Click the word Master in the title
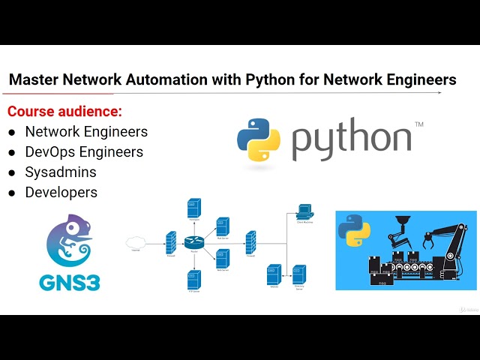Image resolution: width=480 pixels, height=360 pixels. (x=34, y=79)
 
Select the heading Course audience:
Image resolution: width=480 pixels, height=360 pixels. (x=64, y=112)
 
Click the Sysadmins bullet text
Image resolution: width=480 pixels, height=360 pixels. (x=61, y=172)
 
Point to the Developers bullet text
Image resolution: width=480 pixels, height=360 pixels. (x=61, y=192)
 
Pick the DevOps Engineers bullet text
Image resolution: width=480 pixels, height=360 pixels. (x=84, y=151)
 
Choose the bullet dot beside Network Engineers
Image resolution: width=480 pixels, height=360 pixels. (x=12, y=133)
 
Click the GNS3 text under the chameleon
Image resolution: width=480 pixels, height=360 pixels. (x=70, y=281)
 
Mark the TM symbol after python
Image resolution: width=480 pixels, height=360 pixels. (x=418, y=124)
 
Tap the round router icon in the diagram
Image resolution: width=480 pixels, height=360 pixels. (x=193, y=241)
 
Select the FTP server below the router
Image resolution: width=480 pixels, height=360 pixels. (x=193, y=279)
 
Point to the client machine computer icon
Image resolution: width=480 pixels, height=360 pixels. (x=304, y=211)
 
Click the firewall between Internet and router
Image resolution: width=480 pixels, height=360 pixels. (x=170, y=241)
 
